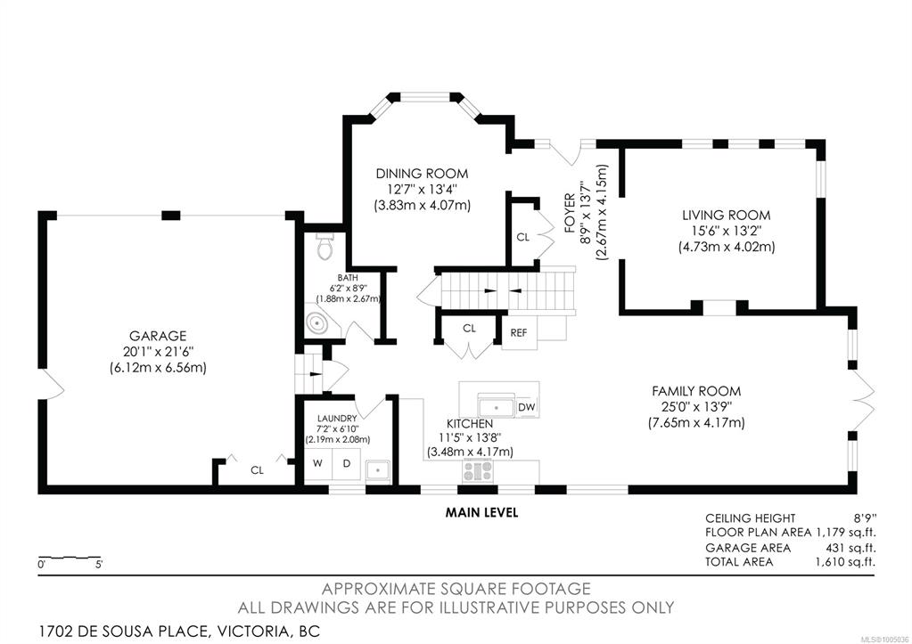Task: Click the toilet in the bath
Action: point(325,247)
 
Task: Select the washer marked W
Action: point(317,463)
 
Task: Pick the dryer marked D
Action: point(347,463)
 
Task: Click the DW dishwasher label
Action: point(526,407)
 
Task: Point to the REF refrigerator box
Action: point(519,332)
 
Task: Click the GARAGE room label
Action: point(158,336)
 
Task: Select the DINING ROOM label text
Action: point(422,173)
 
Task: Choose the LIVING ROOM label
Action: point(727,215)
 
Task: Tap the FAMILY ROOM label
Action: point(696,390)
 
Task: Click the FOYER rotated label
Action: point(570,213)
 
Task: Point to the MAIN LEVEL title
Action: point(481,512)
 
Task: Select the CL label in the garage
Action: point(257,470)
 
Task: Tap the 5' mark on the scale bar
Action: point(99,565)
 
